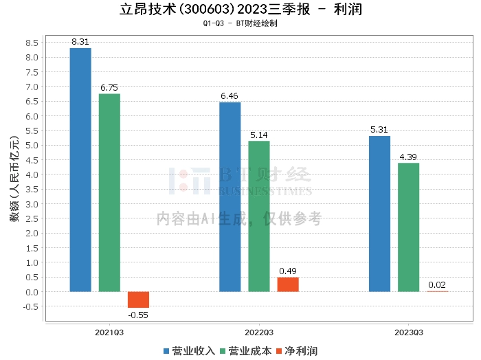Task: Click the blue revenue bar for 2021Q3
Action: coord(80,170)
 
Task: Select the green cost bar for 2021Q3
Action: coord(109,192)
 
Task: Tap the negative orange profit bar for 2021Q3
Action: coord(138,300)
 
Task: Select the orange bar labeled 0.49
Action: coord(288,284)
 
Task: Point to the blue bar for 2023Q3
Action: coord(379,214)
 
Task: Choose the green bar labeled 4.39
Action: coord(408,227)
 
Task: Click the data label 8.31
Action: coord(80,42)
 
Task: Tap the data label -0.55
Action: coord(138,315)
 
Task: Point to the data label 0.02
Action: coord(437,284)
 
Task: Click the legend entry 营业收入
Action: coord(190,351)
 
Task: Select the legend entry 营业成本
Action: coord(246,351)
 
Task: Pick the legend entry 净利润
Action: coord(297,351)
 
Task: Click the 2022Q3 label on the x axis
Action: coord(258,332)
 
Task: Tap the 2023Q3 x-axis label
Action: coord(408,332)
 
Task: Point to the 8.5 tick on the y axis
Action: coord(32,43)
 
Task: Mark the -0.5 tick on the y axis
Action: coord(30,306)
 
